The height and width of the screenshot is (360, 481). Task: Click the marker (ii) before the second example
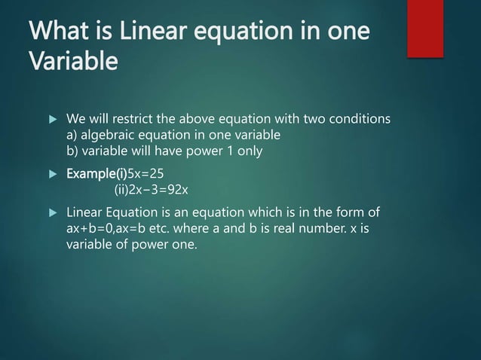[x=124, y=188]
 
